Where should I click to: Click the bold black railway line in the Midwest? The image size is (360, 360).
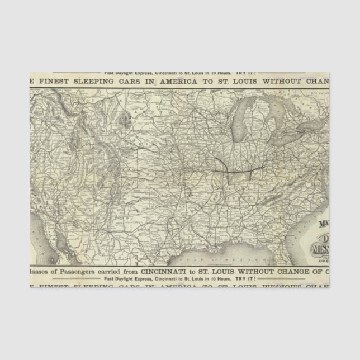235,166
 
